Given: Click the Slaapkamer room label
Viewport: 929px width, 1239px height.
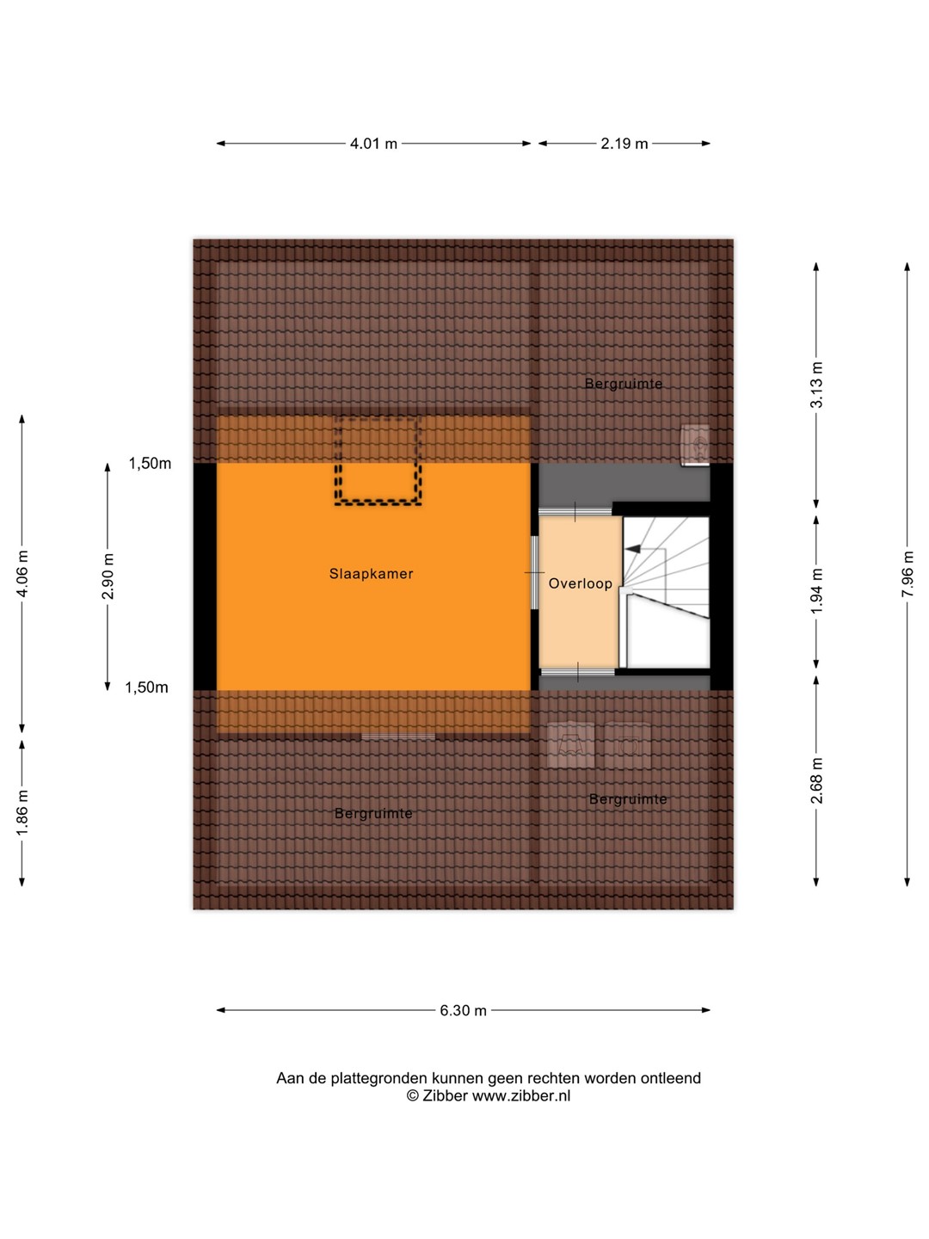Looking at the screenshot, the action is [371, 574].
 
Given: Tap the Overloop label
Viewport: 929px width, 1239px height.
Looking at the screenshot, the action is [581, 583].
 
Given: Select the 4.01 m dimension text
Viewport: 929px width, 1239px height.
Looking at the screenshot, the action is [373, 144].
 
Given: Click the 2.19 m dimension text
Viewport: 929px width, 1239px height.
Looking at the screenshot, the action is [624, 144].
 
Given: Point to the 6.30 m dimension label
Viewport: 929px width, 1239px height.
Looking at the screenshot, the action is [463, 1010].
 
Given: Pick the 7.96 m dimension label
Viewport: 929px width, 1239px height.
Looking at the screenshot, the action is [907, 574].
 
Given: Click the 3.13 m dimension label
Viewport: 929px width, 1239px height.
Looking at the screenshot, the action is [816, 385].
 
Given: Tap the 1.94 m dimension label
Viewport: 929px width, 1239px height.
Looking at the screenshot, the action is [816, 590].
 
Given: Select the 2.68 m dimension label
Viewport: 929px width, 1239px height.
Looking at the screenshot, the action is [816, 780].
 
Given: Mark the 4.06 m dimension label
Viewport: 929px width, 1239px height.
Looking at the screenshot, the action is [22, 574].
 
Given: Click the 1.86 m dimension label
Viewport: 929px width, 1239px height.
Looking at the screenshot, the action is [22, 813].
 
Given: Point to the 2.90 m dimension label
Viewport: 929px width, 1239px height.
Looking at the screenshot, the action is [108, 576].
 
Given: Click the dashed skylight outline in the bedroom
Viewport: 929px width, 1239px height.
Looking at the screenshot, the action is [378, 502].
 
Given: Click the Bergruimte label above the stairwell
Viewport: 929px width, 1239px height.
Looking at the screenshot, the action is [624, 384].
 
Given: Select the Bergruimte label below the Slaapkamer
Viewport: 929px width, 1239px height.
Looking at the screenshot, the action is [373, 813].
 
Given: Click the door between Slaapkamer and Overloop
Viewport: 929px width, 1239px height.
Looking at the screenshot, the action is [534, 572].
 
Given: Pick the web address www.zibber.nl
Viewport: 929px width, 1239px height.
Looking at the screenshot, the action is [521, 1095].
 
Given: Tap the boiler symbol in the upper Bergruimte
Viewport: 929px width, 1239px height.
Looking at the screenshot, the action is [695, 446].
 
